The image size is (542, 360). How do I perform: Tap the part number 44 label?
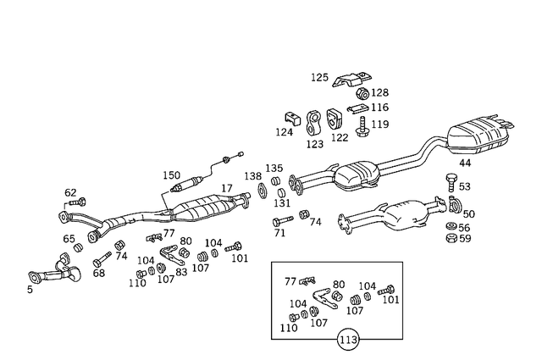pos(465,163)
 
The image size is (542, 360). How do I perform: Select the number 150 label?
pos(172,174)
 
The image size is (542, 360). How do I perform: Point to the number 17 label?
pos(227,188)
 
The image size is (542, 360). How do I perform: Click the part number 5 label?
pos(30,290)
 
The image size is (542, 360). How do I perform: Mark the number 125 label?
pos(318,77)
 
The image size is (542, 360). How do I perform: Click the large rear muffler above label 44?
pos(480,136)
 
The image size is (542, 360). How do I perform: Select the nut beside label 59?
pos(451,238)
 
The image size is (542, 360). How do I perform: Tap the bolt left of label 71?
pos(279,222)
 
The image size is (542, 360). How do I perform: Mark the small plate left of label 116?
pos(358,108)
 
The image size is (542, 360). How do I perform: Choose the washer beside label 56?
pos(451,227)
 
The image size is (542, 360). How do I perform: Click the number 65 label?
pos(69,239)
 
